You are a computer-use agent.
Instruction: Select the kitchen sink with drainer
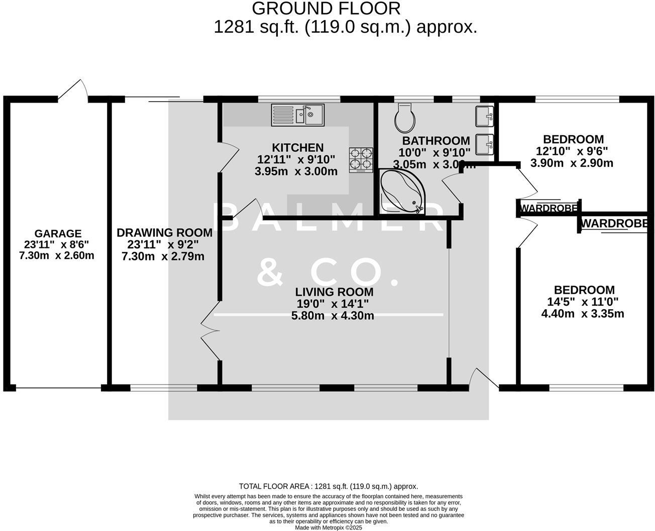pos(298,115)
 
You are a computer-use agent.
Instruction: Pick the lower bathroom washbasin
pos(485,144)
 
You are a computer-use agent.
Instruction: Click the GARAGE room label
pos(58,233)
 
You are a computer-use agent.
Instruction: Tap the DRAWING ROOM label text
pos(164,233)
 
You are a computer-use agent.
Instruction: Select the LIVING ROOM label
pos(334,292)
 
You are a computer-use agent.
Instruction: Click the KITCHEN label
pos(298,147)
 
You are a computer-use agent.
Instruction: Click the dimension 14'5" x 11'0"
pos(583,302)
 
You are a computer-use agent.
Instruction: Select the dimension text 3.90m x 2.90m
pos(572,163)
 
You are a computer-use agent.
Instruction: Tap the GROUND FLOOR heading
pos(326,9)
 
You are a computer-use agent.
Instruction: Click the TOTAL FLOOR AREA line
pos(329,486)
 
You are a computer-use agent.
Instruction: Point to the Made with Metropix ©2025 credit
pos(329,527)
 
